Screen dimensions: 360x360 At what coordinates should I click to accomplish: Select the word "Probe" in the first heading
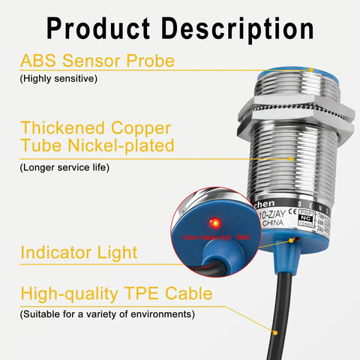coord(149,61)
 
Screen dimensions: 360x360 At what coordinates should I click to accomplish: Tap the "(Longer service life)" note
coord(64,167)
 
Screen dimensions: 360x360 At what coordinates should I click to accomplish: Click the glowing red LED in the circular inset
coord(214,222)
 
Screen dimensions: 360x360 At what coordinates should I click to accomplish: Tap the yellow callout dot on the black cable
coord(276,329)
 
